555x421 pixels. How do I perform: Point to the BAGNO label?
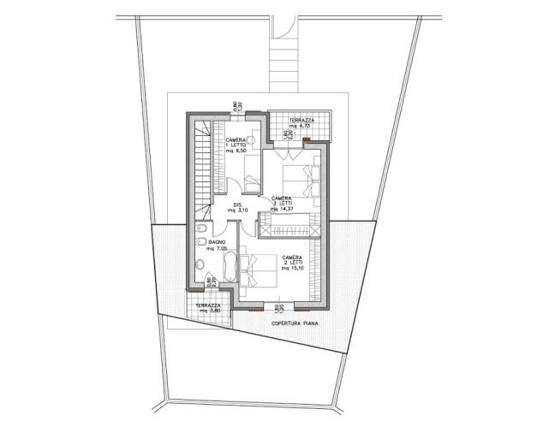coord(204,242)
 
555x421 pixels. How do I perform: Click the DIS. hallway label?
coord(239,205)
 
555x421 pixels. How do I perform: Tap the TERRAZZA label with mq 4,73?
coord(301,122)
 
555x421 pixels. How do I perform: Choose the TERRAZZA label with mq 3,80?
coord(208,305)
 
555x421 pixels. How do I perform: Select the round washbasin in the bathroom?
coord(200,264)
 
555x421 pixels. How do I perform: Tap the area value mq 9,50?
coord(236,157)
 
